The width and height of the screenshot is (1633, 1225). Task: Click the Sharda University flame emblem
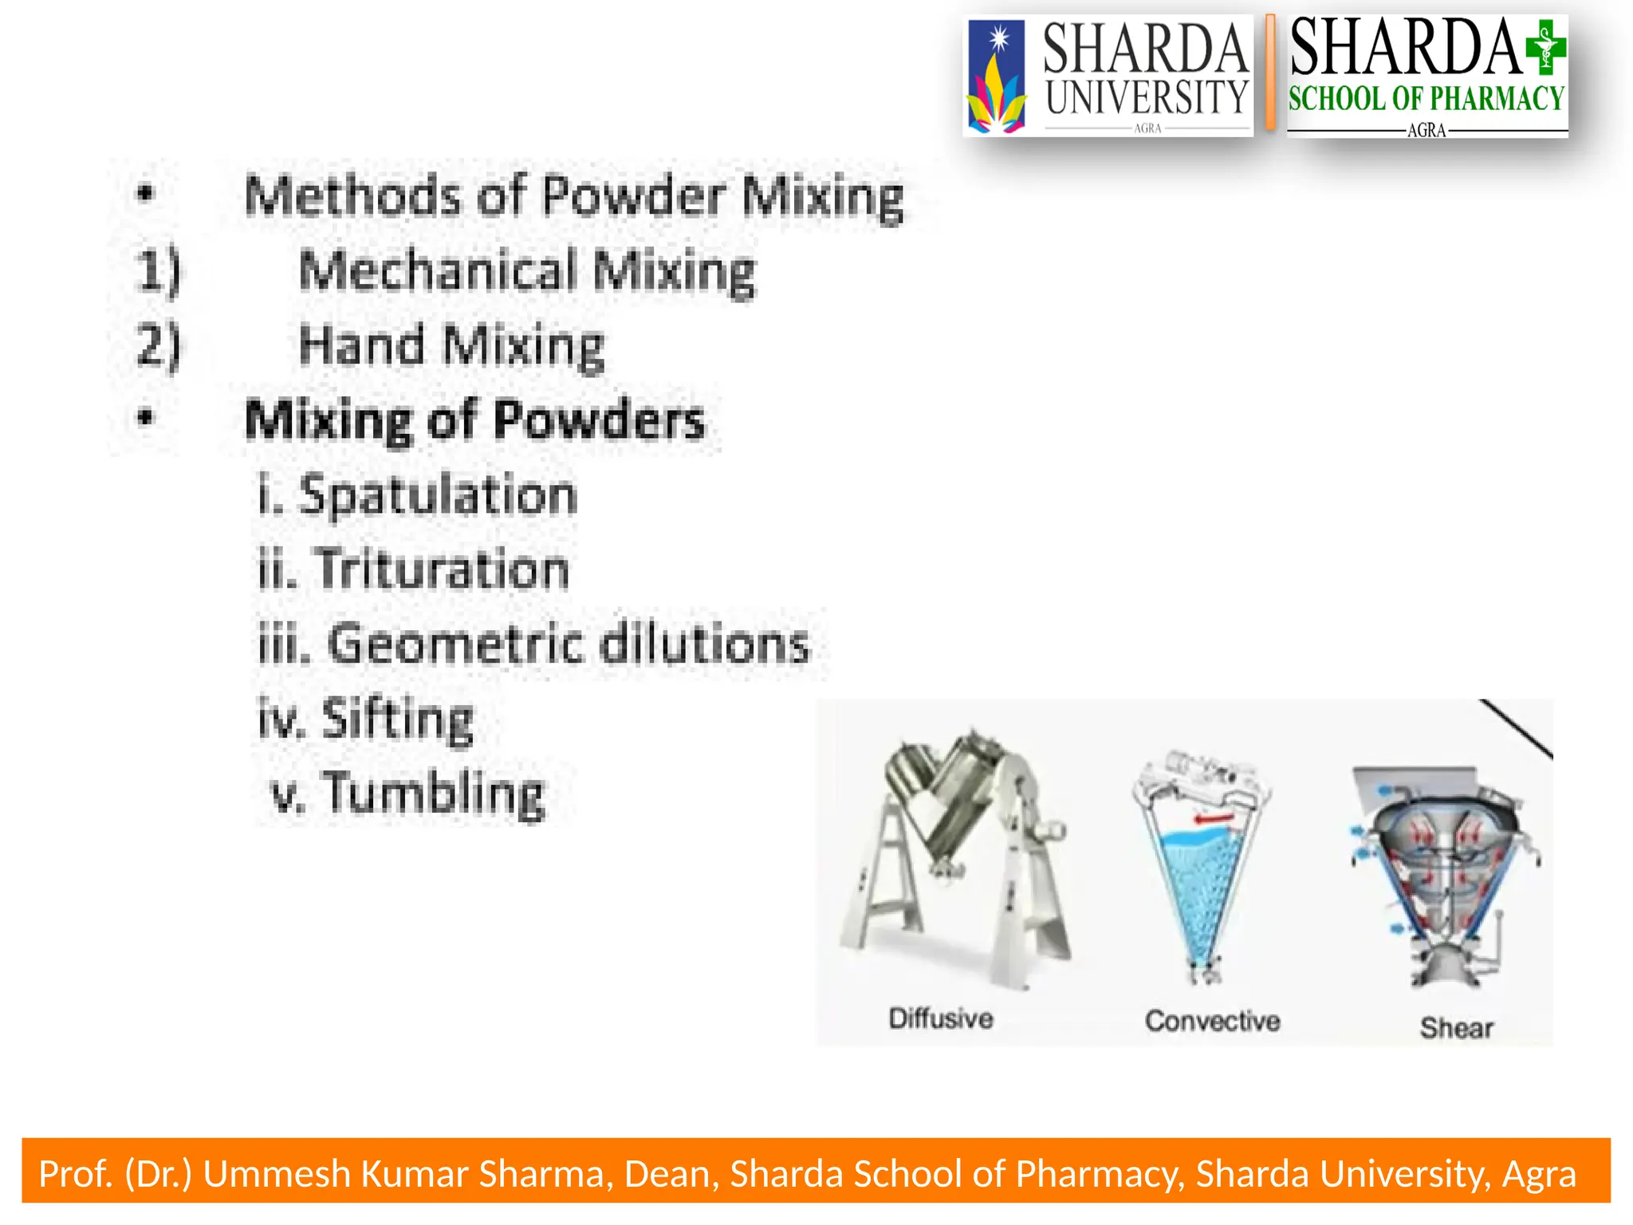click(x=995, y=78)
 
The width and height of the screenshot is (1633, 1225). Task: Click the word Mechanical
click(x=436, y=270)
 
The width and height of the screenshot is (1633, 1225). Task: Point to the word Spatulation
click(x=437, y=495)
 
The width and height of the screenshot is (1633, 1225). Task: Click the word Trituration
click(x=443, y=569)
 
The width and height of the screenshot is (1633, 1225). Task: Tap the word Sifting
click(x=397, y=719)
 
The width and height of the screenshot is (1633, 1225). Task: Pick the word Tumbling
click(x=435, y=794)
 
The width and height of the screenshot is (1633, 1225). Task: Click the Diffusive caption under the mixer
click(x=941, y=1018)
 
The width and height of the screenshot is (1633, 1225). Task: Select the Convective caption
click(x=1212, y=1021)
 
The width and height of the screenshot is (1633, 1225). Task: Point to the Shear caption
click(x=1456, y=1028)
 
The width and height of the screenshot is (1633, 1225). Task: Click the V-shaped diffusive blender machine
click(x=957, y=853)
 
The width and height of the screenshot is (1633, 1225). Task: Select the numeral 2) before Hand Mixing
click(x=158, y=345)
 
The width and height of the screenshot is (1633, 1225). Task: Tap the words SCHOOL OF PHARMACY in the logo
click(x=1426, y=99)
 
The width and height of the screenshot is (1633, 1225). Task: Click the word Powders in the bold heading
click(x=599, y=420)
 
